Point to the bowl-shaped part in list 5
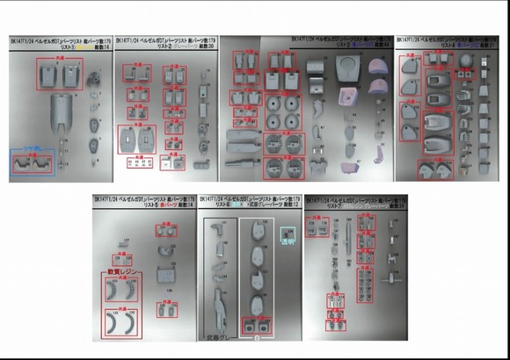164,274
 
